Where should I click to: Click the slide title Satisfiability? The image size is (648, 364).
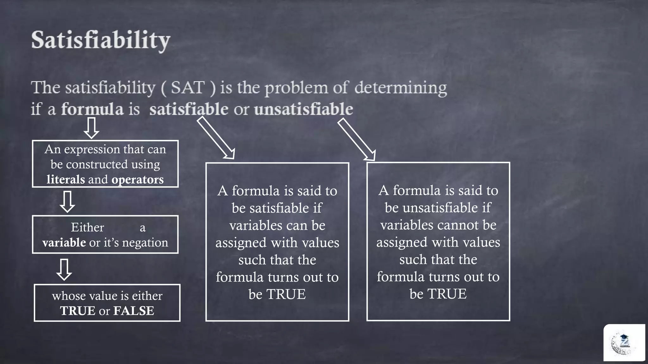pos(101,40)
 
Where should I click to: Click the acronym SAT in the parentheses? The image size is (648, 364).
pos(188,88)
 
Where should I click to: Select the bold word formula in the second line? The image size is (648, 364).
pos(92,109)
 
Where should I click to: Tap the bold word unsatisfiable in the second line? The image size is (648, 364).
pos(303,109)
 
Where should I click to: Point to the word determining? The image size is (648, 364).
pos(401,88)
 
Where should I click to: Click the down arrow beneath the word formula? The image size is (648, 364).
pos(91,128)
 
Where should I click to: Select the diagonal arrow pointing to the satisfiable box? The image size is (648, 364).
pos(216,138)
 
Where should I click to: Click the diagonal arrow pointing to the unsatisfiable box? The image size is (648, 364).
pos(356,139)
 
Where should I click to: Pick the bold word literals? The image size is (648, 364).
pos(66,179)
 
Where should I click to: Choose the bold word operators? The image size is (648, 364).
pos(138,179)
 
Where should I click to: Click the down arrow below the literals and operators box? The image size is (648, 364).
pos(67,202)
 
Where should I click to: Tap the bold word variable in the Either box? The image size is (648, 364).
pos(64,243)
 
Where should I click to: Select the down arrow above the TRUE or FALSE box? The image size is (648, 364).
pos(64,270)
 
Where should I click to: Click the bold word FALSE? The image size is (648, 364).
pos(134,311)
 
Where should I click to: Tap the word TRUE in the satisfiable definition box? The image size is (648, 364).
pos(286,294)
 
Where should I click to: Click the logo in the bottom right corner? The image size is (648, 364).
pos(623,343)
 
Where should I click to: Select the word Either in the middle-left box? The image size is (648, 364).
pos(87,227)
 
